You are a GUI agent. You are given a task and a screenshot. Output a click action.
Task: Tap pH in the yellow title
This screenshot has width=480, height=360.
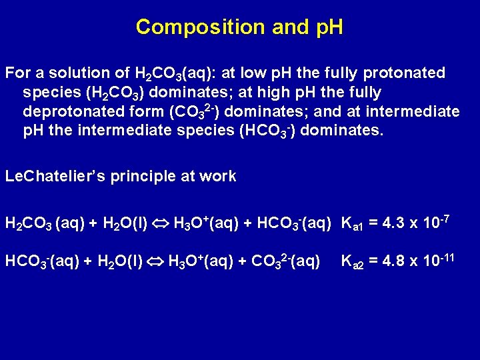click(x=326, y=27)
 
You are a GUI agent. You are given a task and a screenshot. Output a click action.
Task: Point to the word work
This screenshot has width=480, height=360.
click(x=219, y=177)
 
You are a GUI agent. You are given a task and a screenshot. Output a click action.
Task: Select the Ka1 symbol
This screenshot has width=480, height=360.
click(x=352, y=223)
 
